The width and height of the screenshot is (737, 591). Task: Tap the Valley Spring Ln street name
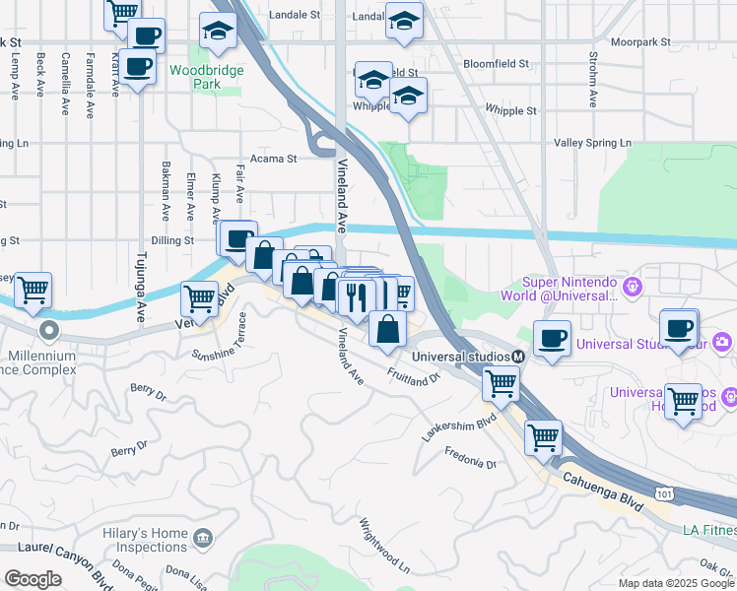point(592,143)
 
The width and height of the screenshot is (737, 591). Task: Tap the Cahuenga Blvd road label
point(604,489)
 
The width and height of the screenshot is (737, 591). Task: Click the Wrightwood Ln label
point(383,548)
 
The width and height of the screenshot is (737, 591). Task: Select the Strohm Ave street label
point(593,75)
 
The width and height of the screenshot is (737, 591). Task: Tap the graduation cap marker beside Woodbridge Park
point(218,32)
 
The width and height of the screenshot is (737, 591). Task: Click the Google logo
point(33,579)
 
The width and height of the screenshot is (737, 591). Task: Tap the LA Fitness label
point(708,530)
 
